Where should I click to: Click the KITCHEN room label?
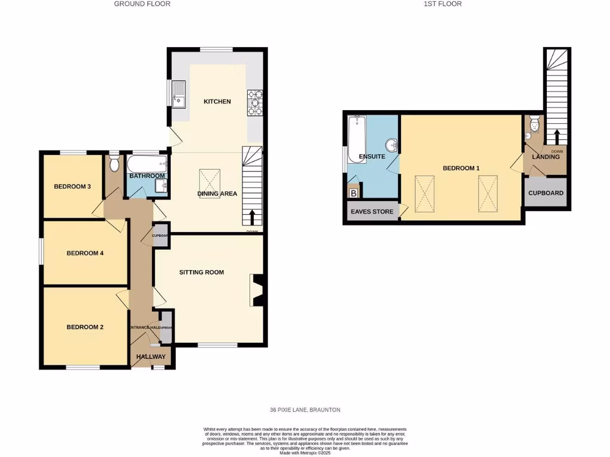point(217,102)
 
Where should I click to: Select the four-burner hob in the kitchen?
point(254,102)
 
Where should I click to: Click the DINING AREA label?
point(217,193)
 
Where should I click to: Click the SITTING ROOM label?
point(201,273)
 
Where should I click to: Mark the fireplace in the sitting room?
point(256,290)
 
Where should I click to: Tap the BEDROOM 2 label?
point(85,327)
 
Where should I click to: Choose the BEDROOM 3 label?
point(72,187)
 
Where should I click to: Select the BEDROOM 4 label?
point(85,253)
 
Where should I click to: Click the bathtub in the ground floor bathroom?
point(147,164)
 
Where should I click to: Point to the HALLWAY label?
point(151,357)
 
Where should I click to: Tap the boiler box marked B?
point(354,193)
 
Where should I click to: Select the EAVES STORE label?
point(372,211)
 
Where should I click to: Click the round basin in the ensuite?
point(391,145)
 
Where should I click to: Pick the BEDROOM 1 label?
point(460,168)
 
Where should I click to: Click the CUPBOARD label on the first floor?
point(546,193)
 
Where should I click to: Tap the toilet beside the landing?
point(534,124)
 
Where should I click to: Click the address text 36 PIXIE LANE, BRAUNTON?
point(304,410)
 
